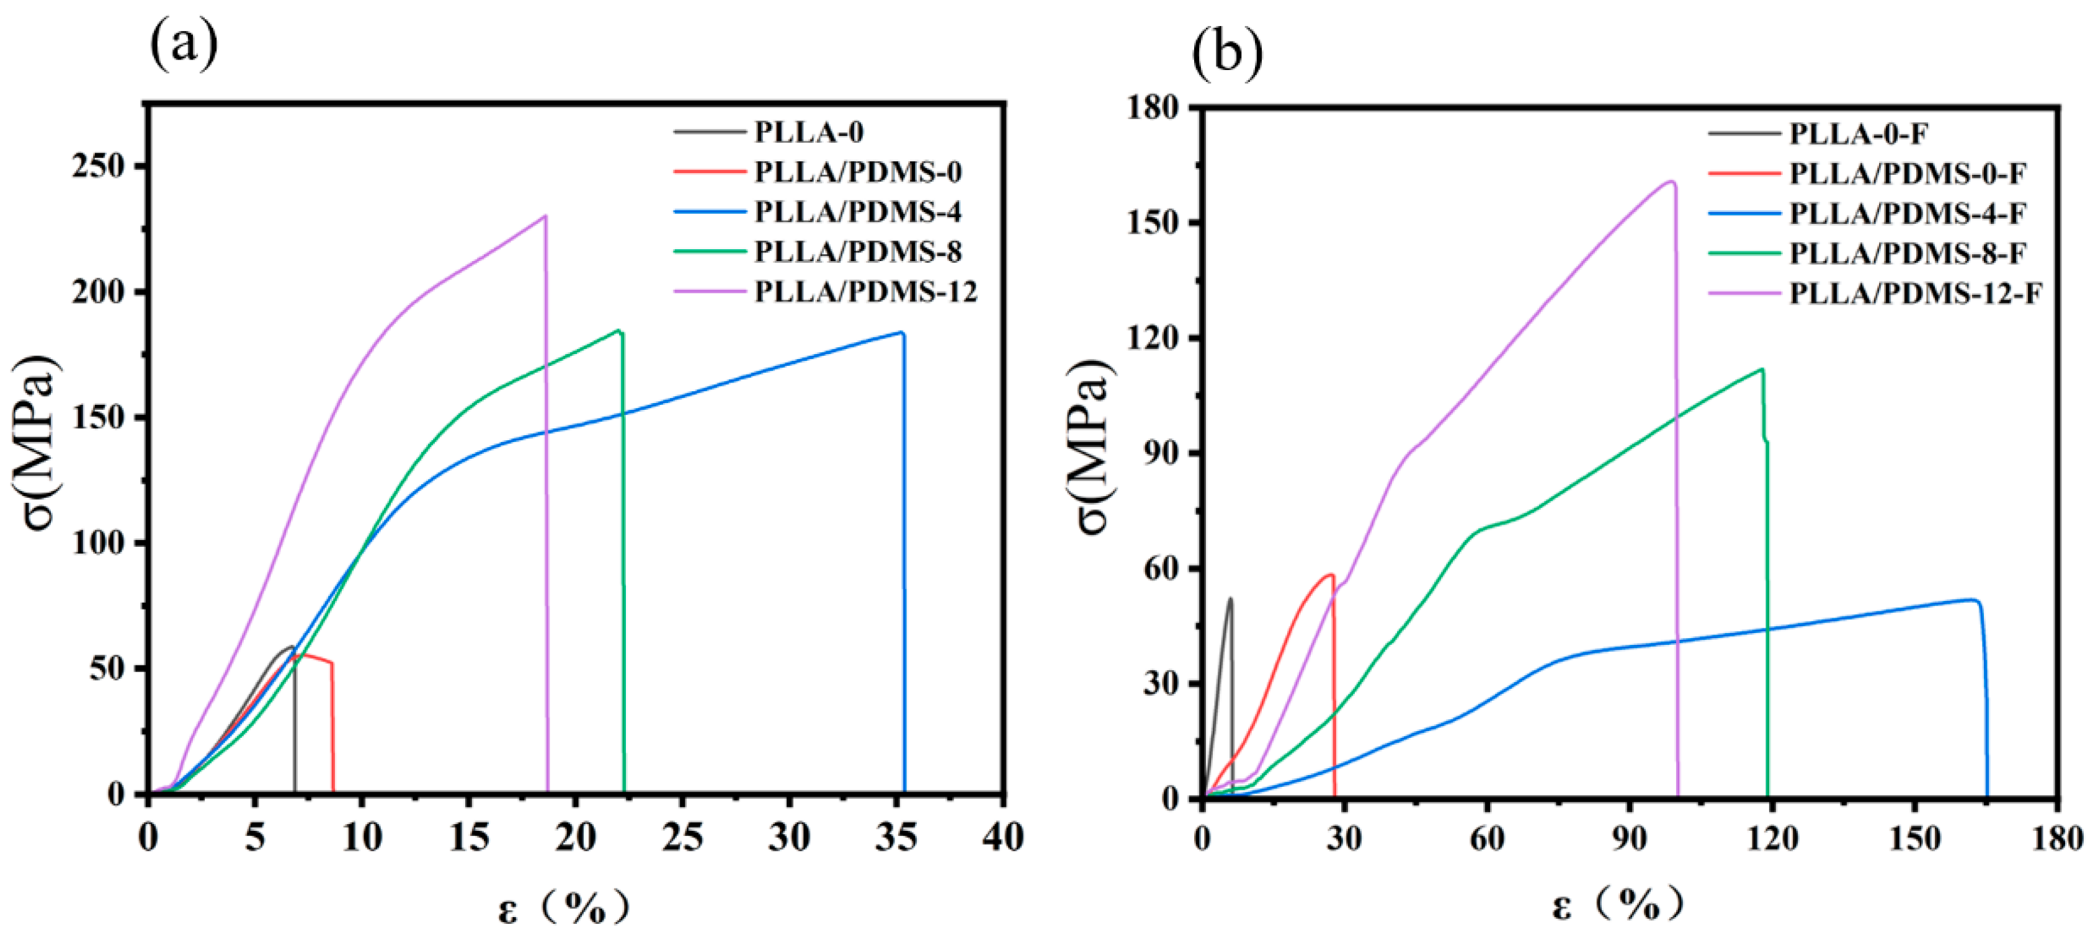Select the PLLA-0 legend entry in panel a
tap(809, 132)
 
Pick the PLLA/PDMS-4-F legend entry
tap(1906, 213)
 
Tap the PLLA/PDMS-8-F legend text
tap(1906, 253)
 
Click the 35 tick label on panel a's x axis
tap(896, 838)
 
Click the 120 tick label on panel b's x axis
tap(1772, 839)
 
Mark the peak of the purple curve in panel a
tap(545, 216)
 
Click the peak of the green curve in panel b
tap(1762, 370)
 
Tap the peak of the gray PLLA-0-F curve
tap(1231, 599)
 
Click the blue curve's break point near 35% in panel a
tap(903, 332)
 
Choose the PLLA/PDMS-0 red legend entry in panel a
tap(857, 172)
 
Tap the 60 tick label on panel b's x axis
tap(1487, 839)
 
